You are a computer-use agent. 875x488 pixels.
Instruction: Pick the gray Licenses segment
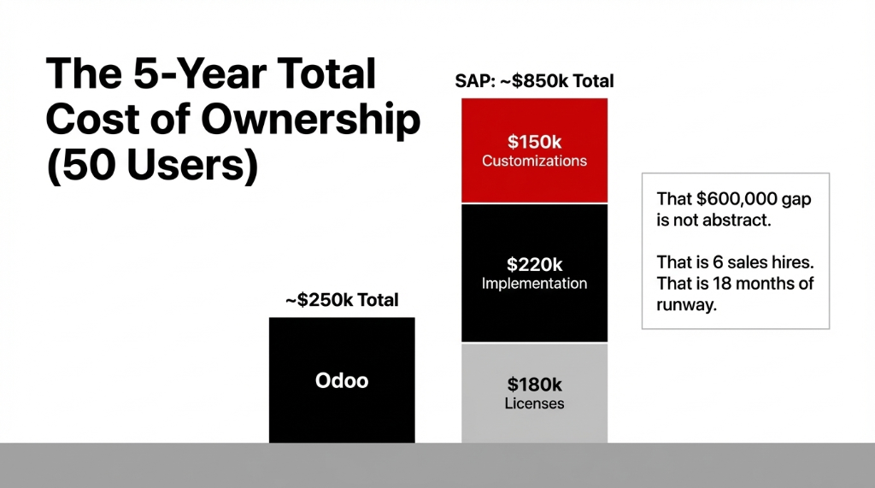click(534, 423)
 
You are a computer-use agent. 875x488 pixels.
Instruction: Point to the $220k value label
click(534, 264)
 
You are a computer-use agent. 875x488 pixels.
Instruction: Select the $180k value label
click(534, 384)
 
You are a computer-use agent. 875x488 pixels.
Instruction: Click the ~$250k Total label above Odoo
click(342, 300)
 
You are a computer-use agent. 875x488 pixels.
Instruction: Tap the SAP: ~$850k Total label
click(535, 81)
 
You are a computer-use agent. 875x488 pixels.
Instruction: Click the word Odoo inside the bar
click(342, 380)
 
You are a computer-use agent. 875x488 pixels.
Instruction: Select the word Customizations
click(534, 161)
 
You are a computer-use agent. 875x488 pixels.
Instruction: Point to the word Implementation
click(534, 284)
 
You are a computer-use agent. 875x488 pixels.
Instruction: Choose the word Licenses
click(534, 403)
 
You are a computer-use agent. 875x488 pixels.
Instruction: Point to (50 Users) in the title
click(151, 165)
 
